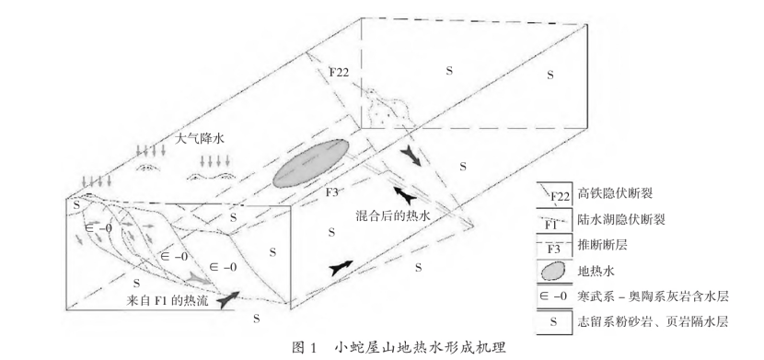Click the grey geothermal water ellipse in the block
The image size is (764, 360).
coord(312,166)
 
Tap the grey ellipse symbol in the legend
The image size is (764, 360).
coord(552,272)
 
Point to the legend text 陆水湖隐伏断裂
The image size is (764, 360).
coord(619,221)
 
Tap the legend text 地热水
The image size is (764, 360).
coord(596,273)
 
